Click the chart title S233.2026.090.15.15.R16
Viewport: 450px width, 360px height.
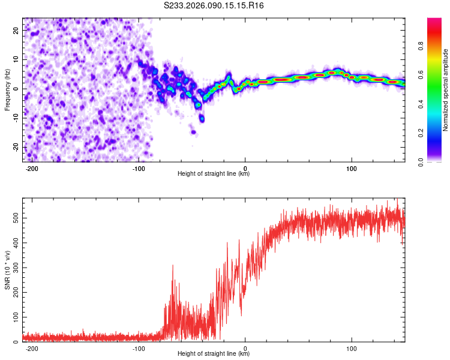(x=214, y=5)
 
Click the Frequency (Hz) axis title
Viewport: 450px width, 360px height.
(x=7, y=89)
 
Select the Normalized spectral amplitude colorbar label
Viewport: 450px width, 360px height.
(x=445, y=89)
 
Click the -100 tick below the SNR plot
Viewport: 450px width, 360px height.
(x=139, y=348)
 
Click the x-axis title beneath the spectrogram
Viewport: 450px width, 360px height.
(x=214, y=174)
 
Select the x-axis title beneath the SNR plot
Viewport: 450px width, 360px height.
(x=214, y=354)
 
